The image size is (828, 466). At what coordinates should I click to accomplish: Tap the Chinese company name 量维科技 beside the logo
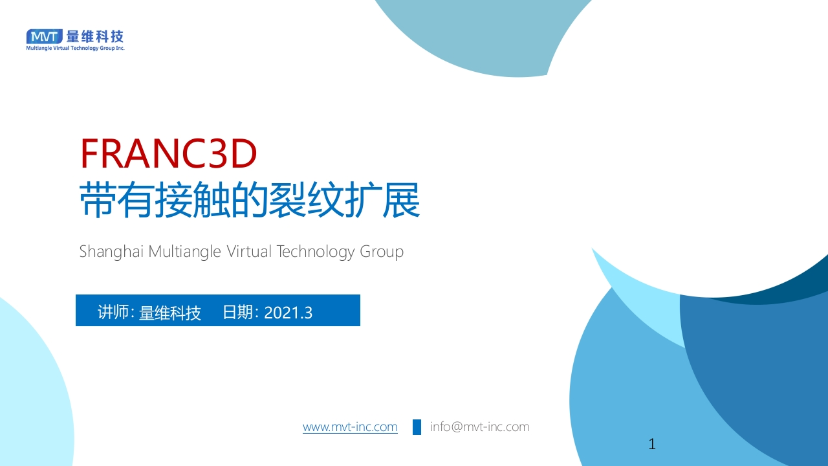pyautogui.click(x=94, y=37)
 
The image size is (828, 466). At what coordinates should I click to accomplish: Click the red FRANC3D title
pyautogui.click(x=169, y=153)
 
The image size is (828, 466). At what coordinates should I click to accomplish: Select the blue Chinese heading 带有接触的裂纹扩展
pyautogui.click(x=250, y=200)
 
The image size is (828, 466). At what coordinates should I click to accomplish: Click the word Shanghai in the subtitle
pyautogui.click(x=111, y=252)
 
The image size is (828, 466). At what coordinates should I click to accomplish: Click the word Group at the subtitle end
pyautogui.click(x=382, y=252)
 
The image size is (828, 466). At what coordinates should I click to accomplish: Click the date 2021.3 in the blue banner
pyautogui.click(x=289, y=313)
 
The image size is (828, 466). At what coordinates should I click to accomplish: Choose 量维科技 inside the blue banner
pyautogui.click(x=170, y=313)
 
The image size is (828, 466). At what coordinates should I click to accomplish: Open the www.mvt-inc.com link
pyautogui.click(x=350, y=427)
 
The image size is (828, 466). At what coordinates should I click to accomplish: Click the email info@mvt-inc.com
pyautogui.click(x=479, y=427)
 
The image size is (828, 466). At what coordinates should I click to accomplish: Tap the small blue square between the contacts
pyautogui.click(x=417, y=427)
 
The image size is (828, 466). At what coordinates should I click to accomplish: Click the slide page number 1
pyautogui.click(x=652, y=444)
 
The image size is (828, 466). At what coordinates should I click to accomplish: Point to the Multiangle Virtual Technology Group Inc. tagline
pyautogui.click(x=76, y=48)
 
